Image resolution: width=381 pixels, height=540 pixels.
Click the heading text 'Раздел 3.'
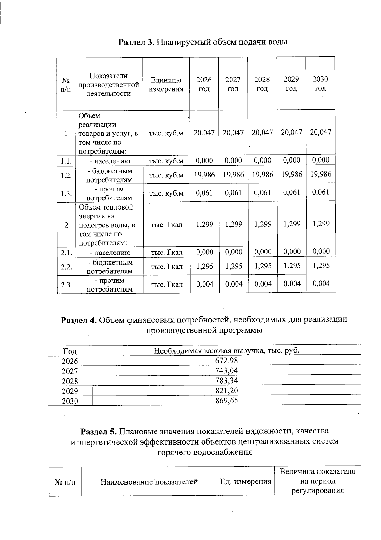(x=136, y=42)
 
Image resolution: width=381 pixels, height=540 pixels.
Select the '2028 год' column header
(x=262, y=84)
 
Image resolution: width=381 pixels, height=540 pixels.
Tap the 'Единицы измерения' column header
(x=166, y=85)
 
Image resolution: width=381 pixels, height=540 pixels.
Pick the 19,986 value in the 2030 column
(x=321, y=174)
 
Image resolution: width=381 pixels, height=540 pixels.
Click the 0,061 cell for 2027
(x=233, y=193)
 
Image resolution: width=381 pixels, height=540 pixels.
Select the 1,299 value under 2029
(x=292, y=224)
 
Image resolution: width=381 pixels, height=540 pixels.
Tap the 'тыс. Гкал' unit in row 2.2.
(x=167, y=267)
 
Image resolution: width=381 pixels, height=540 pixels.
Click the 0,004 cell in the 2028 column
(x=263, y=284)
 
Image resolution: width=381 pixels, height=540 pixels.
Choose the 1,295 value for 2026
(x=204, y=266)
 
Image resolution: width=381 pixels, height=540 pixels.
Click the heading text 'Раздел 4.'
(x=79, y=320)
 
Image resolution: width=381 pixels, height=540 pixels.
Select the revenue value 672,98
(x=226, y=361)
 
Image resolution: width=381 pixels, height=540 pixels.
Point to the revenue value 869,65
(x=226, y=400)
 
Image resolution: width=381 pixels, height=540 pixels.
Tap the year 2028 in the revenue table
(x=70, y=381)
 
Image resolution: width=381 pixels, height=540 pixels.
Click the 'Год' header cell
(x=70, y=351)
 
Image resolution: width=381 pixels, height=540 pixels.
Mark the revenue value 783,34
(x=226, y=381)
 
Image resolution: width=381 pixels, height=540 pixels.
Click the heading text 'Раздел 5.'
(x=99, y=432)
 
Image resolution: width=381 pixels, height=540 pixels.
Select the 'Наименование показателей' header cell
(x=149, y=482)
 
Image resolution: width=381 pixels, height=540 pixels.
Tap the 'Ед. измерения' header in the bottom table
(x=246, y=482)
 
